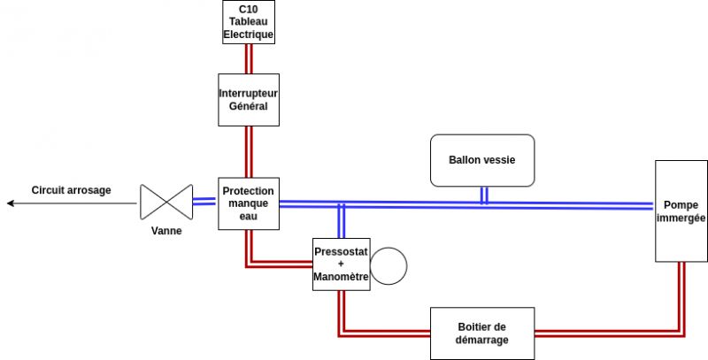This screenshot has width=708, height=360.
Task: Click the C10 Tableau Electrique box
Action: point(249,22)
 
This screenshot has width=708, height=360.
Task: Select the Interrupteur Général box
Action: point(249,99)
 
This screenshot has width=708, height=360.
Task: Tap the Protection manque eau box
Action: point(249,203)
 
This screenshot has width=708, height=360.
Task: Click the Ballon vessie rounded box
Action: point(482,160)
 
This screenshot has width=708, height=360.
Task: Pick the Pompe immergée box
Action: point(681,211)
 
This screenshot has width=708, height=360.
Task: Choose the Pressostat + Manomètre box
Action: point(341,264)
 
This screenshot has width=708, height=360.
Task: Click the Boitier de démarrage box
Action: point(482,333)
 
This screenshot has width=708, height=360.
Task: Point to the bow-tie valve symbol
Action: point(166,203)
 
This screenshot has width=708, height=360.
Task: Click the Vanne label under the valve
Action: point(166,232)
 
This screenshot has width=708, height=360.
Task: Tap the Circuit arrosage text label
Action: point(72,190)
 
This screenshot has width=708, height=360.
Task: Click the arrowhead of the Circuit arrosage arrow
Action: point(11,203)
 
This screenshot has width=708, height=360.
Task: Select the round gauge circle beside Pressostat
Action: point(388,264)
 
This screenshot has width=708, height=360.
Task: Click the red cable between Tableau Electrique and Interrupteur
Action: point(249,58)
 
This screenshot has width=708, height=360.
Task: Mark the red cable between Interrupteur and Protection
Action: point(249,150)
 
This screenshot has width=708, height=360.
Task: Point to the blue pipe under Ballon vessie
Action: point(484,195)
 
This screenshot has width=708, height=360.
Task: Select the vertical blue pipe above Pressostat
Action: point(341,223)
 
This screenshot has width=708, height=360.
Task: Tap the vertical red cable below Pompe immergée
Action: point(681,296)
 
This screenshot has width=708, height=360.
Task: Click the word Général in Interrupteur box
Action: point(249,107)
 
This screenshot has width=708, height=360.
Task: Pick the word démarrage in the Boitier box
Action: point(482,341)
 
